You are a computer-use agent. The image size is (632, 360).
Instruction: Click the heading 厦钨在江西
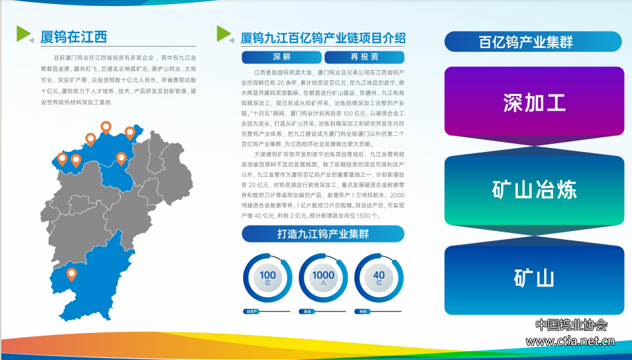pyautogui.click(x=74, y=36)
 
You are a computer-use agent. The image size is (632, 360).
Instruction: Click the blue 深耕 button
pyautogui.click(x=281, y=57)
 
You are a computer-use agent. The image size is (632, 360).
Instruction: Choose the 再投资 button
pyautogui.click(x=364, y=57)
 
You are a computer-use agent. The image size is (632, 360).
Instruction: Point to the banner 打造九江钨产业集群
pyautogui.click(x=322, y=234)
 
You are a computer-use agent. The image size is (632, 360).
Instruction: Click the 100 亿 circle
pyautogui.click(x=267, y=278)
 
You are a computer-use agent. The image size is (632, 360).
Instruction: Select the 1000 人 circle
pyautogui.click(x=323, y=278)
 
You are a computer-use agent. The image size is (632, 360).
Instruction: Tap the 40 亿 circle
pyautogui.click(x=378, y=278)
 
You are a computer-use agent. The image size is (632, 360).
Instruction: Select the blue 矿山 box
pyautogui.click(x=533, y=279)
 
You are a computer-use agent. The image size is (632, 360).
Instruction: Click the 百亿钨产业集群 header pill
pyautogui.click(x=533, y=42)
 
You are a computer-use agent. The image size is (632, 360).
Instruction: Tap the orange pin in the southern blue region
pyautogui.click(x=72, y=274)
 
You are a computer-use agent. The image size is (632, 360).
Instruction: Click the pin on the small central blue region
pyautogui.click(x=121, y=159)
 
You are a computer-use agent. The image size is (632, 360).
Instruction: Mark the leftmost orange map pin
pyautogui.click(x=62, y=159)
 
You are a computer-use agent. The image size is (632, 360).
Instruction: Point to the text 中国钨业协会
pyautogui.click(x=571, y=325)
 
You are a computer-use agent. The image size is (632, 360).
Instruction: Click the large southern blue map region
pyautogui.click(x=95, y=277)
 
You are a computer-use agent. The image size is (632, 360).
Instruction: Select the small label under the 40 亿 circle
pyautogui.click(x=364, y=311)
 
